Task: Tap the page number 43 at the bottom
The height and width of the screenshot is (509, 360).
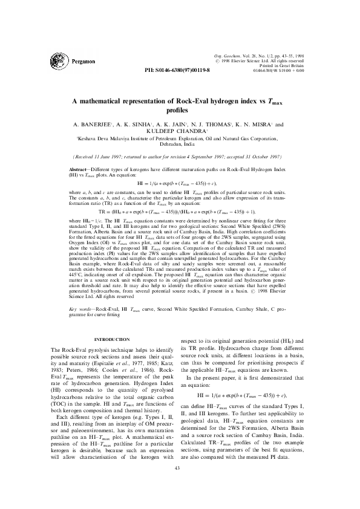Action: point(177,485)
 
